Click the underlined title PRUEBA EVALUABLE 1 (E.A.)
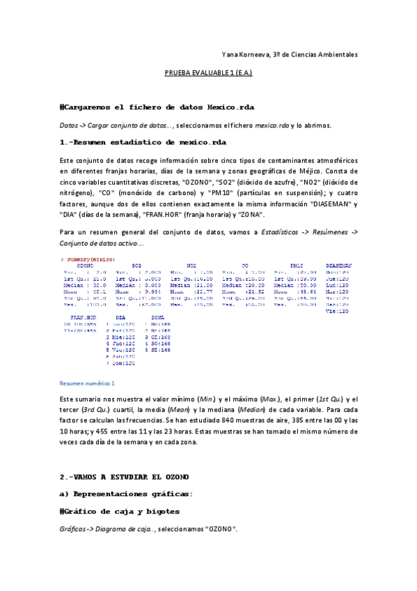click(208, 72)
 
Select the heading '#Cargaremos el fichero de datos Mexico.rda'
click(157, 107)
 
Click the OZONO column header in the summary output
click(85, 266)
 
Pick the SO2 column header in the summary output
click(137, 266)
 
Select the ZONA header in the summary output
click(158, 317)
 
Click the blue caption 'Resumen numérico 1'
click(87, 383)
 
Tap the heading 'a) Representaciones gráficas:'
click(126, 494)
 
